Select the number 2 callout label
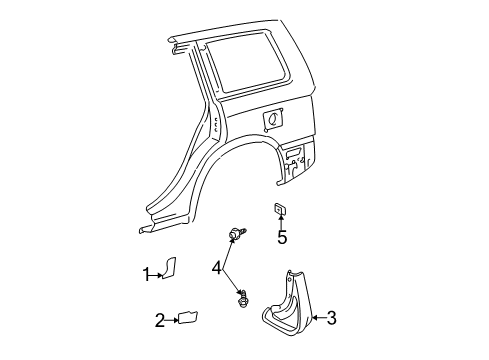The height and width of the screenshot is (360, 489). (159, 320)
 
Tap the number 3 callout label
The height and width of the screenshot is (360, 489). (331, 319)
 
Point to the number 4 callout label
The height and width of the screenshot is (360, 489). (217, 267)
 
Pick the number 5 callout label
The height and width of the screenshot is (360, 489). (282, 238)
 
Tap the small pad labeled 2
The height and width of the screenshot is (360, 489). (186, 318)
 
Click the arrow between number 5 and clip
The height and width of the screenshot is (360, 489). (282, 223)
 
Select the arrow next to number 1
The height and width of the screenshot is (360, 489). (157, 273)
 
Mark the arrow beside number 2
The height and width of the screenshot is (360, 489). (171, 320)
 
